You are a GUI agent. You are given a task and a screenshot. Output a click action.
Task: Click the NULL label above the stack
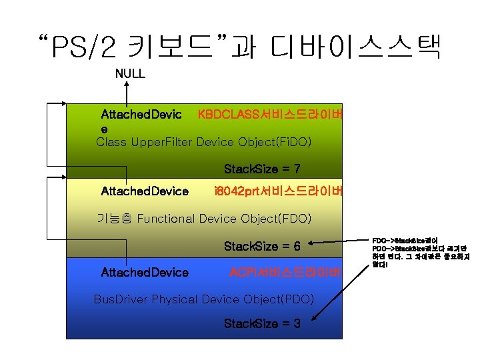coord(130,74)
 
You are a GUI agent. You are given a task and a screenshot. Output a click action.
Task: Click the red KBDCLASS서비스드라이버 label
coord(270,115)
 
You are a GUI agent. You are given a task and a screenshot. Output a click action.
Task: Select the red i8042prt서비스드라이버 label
coord(278,191)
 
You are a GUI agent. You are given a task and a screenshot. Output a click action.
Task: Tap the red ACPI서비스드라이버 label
coord(285,272)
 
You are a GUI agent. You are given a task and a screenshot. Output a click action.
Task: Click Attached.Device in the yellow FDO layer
coord(144,191)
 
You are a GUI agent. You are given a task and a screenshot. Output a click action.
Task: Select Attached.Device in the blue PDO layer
coord(144,272)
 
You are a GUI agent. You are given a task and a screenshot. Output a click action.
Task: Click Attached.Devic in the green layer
coord(141,115)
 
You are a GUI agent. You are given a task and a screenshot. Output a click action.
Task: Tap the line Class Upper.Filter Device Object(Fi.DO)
coord(203,142)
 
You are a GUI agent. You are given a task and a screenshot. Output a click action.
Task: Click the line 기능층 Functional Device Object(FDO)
coord(203,219)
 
